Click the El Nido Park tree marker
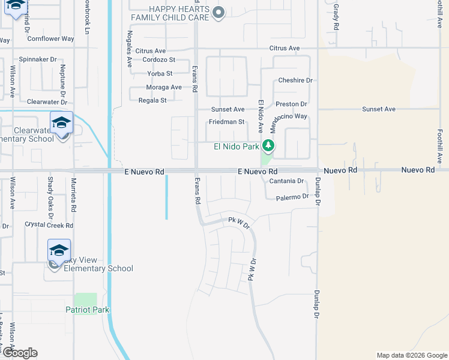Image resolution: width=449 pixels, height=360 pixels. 268,146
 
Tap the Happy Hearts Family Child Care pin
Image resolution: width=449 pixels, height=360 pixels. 219,13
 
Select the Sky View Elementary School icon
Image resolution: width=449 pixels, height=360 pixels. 59,250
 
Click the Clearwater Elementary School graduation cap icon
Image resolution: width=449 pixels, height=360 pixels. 61,123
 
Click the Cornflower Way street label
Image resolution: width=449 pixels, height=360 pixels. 50,39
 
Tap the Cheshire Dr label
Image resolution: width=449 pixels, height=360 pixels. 295,80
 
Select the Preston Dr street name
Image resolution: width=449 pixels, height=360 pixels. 291,104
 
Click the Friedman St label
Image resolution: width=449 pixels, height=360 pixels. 226,122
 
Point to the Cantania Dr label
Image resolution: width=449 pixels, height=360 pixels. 287,181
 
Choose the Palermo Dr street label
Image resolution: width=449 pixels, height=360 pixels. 292,197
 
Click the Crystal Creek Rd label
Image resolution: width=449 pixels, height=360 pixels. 49,226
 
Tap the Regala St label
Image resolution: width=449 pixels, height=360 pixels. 152,100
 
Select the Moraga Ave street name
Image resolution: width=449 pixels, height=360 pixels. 164,87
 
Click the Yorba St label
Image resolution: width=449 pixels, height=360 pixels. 160,74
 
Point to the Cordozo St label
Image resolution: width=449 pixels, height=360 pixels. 155,60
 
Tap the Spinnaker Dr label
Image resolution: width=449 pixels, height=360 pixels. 37,60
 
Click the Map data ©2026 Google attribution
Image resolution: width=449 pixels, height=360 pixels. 412,355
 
